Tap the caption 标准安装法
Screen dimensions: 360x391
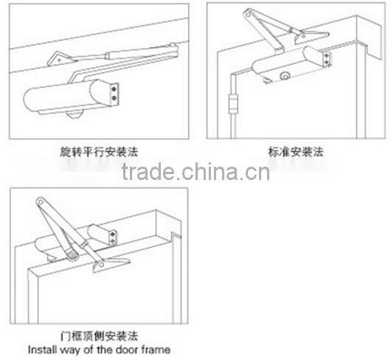[x=295, y=152]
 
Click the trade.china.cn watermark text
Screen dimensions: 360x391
[x=195, y=174]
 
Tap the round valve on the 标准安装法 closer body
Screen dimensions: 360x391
[x=285, y=77]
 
